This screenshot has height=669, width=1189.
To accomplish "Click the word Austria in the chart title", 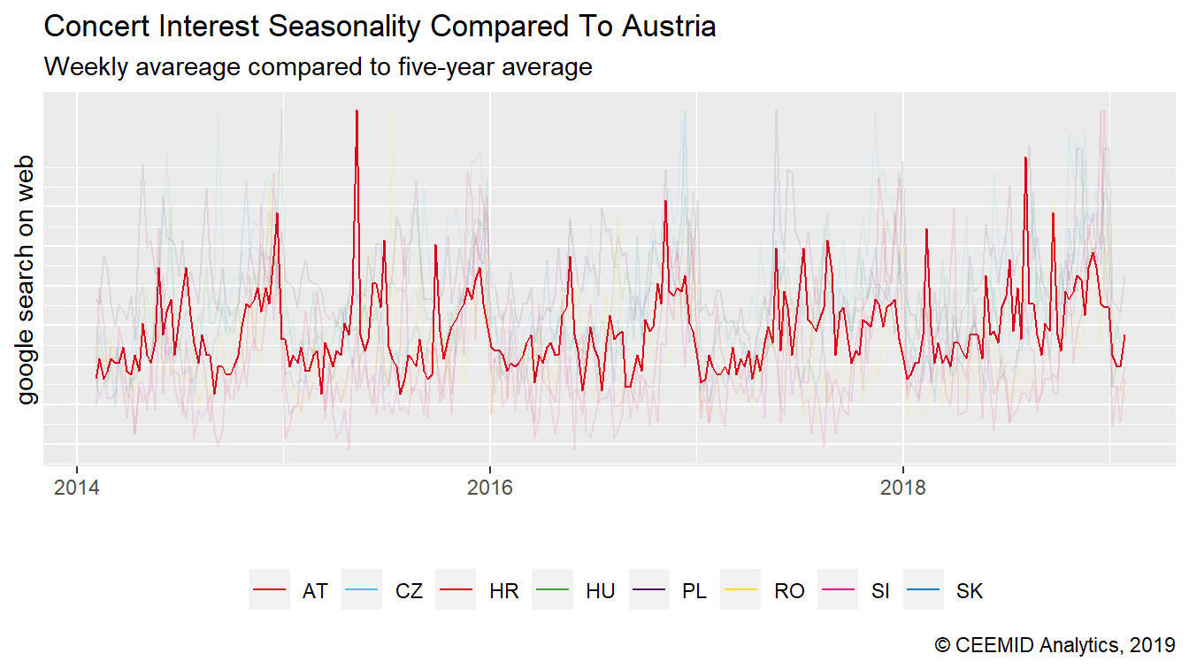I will pyautogui.click(x=669, y=27).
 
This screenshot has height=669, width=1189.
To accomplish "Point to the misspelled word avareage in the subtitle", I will pyautogui.click(x=194, y=66).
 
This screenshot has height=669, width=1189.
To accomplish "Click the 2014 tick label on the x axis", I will pyautogui.click(x=76, y=488).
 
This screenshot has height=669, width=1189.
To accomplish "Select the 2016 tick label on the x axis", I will pyautogui.click(x=489, y=488).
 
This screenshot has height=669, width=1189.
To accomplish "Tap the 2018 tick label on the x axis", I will pyautogui.click(x=902, y=488).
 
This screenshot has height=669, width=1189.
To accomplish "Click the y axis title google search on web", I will pyautogui.click(x=27, y=280).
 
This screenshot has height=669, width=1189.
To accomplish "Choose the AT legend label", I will pyautogui.click(x=315, y=591).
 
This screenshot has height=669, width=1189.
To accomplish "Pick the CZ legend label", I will pyautogui.click(x=409, y=591).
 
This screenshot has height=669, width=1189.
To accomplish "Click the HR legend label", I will pyautogui.click(x=503, y=591).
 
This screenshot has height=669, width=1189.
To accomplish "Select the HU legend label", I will pyautogui.click(x=600, y=591).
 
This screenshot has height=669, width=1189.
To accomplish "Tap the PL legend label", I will pyautogui.click(x=694, y=591).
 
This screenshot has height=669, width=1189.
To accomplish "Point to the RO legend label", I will pyautogui.click(x=789, y=591).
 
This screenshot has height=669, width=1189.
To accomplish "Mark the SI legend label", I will pyautogui.click(x=879, y=591).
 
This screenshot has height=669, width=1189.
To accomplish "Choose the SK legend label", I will pyautogui.click(x=970, y=591).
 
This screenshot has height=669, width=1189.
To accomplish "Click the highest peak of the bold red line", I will pyautogui.click(x=356, y=111).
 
